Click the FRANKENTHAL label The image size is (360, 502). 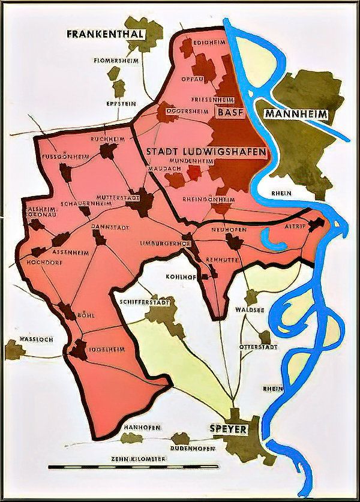tap(106, 34)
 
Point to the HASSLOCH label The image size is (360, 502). tap(37, 339)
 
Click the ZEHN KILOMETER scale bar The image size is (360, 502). tap(133, 465)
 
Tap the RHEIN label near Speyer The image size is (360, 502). tap(274, 389)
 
